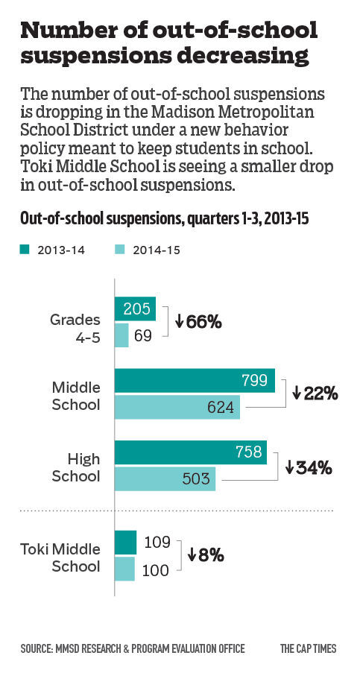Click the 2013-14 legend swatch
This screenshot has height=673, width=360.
24,250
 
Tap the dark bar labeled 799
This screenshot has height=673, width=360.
195,381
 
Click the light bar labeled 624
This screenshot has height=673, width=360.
177,407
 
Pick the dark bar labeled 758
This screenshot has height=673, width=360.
190,452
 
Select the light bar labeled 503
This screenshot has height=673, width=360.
165,478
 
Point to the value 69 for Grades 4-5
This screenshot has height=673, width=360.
142,335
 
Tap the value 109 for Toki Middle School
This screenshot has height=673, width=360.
157,542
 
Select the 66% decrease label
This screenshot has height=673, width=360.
199,322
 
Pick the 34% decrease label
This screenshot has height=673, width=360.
308,468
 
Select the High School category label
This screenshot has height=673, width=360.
75,466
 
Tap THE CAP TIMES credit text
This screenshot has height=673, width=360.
309,648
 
